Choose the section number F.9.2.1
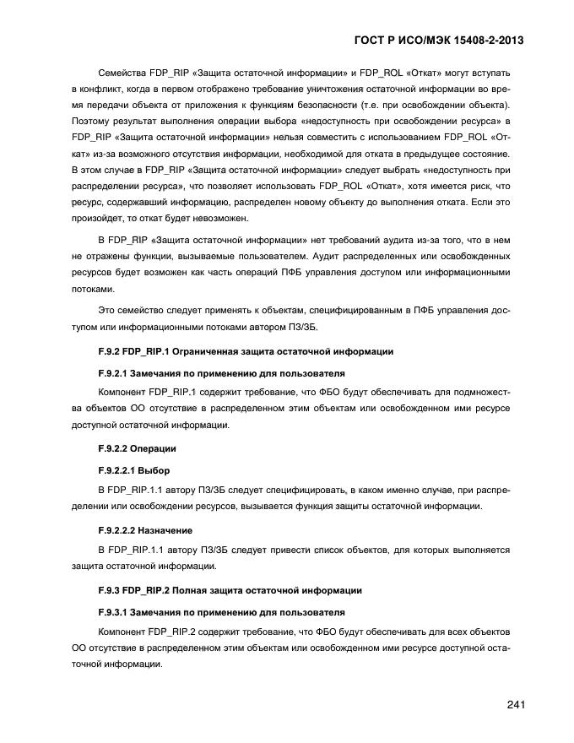click(116, 372)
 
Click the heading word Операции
click(154, 447)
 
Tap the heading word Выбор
click(154, 469)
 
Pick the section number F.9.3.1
click(116, 611)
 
